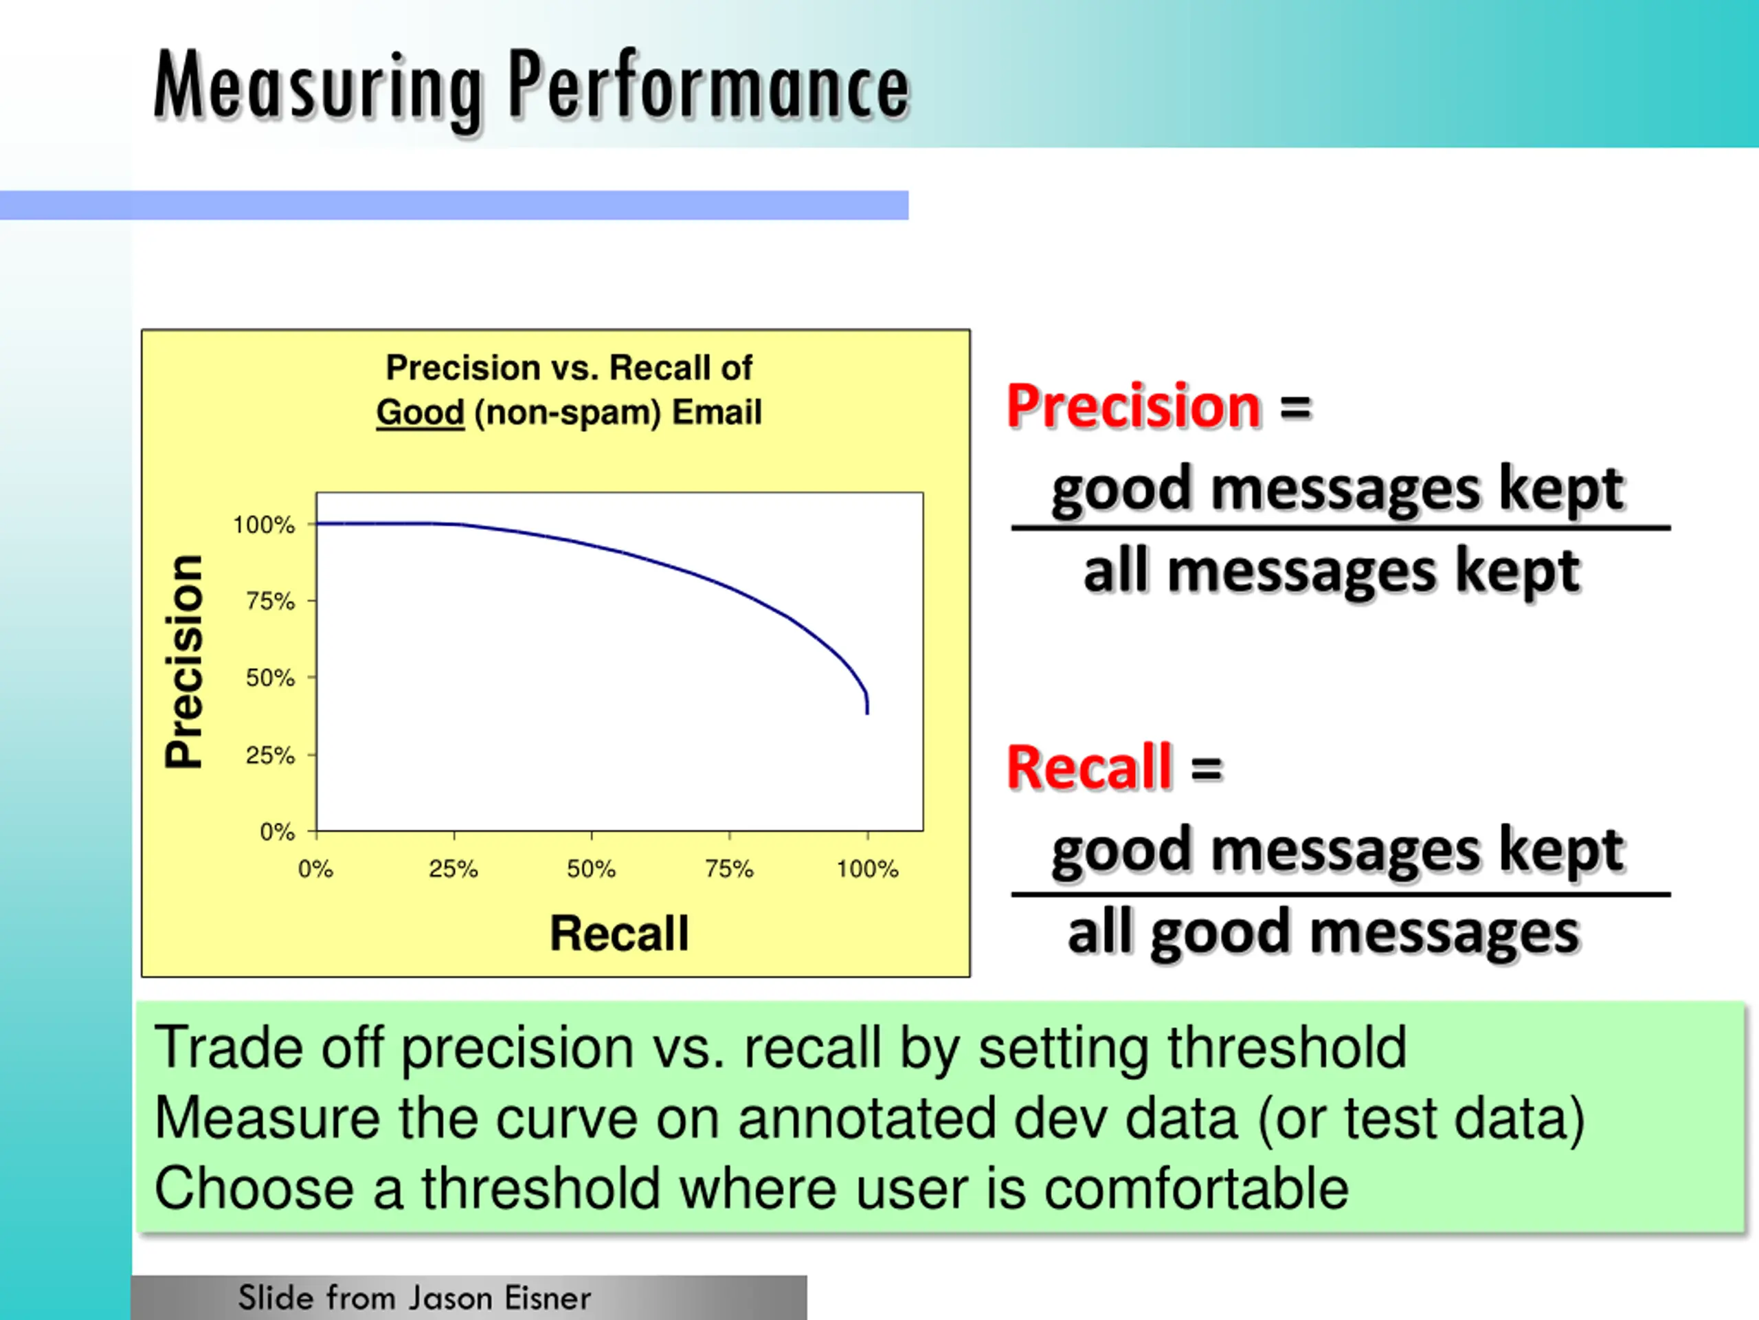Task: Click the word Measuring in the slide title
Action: (x=318, y=87)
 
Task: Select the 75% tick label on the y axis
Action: (x=270, y=601)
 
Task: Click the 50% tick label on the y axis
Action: (x=270, y=678)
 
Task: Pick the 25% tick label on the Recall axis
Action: (x=453, y=869)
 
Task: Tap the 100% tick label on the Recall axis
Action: (x=866, y=869)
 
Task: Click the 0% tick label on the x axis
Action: (x=315, y=869)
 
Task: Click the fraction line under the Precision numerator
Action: (x=1341, y=527)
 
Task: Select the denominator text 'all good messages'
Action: (x=1323, y=932)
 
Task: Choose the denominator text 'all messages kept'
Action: (x=1331, y=571)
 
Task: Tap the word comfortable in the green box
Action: (x=1196, y=1188)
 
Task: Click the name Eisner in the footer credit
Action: (x=548, y=1298)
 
